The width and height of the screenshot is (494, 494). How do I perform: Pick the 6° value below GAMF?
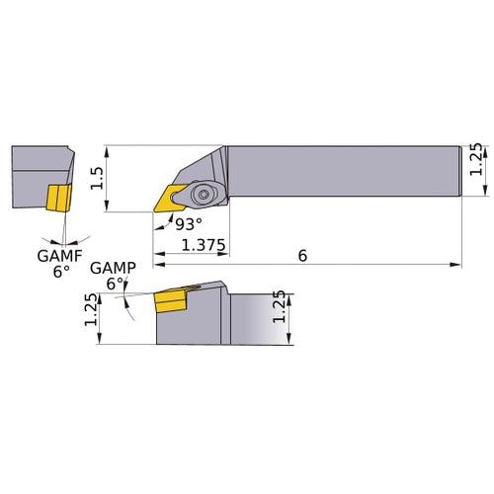[61, 271]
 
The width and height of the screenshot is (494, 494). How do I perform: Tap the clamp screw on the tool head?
[203, 195]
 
